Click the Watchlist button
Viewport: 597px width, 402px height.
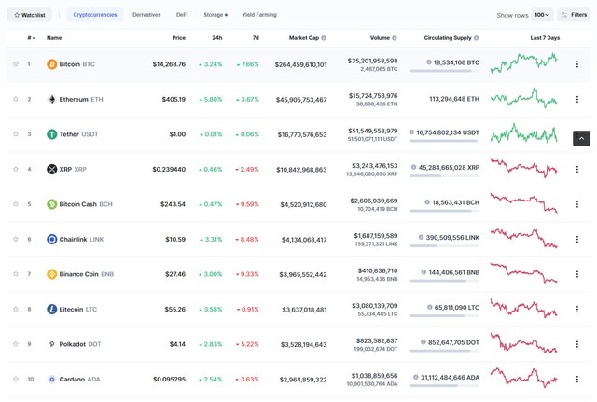tap(31, 15)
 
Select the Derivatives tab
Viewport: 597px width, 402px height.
tap(146, 15)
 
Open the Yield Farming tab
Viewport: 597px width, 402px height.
tap(259, 15)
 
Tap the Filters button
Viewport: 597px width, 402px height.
tap(574, 15)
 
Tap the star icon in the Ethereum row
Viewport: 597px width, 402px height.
tap(16, 99)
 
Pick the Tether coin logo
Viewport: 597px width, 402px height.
tap(52, 134)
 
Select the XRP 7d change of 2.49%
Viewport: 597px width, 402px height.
tap(247, 170)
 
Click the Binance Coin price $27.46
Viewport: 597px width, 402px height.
tap(174, 274)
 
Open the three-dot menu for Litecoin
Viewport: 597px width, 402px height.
tap(576, 310)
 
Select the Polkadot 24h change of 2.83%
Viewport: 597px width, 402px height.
tap(211, 344)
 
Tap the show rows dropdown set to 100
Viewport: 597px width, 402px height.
tap(542, 15)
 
